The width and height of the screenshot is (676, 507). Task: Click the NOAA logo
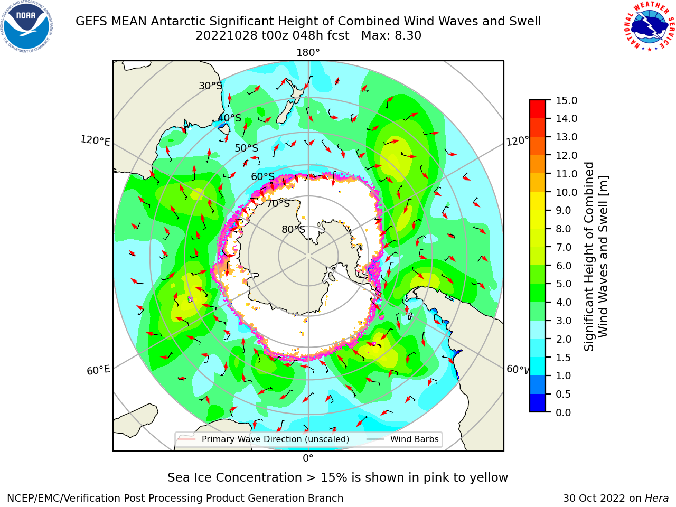[x=27, y=26]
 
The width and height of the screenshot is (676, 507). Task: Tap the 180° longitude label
[x=308, y=53]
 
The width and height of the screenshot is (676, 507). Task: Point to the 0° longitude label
[x=308, y=458]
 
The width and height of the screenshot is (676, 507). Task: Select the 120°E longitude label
[x=95, y=140]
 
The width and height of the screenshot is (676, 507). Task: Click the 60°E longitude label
[x=98, y=370]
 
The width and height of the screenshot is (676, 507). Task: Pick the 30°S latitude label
[x=210, y=86]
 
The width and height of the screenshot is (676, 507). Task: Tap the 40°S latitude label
[x=230, y=118]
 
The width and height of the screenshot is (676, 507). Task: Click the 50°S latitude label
[x=247, y=148]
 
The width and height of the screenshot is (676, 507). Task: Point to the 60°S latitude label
[x=262, y=177]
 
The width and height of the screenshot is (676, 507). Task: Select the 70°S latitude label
[x=278, y=203]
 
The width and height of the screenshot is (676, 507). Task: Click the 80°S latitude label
[x=293, y=229]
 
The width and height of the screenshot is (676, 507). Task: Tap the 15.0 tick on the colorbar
[x=566, y=100]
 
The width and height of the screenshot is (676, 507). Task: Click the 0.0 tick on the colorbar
[x=564, y=412]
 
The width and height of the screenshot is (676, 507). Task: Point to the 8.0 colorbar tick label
[x=564, y=229]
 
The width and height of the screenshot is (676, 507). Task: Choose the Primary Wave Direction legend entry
[x=264, y=439]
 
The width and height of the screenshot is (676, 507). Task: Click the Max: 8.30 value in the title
[x=391, y=36]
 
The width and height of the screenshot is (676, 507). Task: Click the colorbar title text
[x=596, y=256]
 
